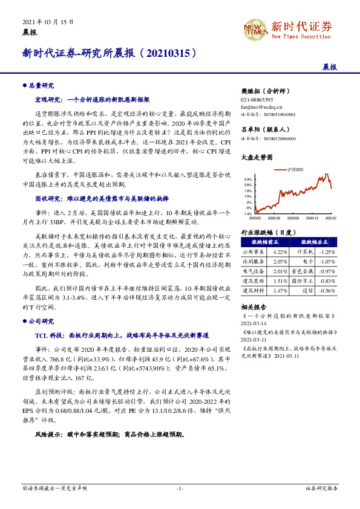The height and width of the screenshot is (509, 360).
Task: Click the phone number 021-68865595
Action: [x=257, y=99]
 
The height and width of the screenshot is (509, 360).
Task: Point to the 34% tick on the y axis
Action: [x=249, y=180]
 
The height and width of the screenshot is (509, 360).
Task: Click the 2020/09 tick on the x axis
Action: [x=293, y=218]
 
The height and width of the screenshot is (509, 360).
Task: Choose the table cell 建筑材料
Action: [x=254, y=291]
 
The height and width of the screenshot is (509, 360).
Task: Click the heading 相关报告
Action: [x=254, y=307]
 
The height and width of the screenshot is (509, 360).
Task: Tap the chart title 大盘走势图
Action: [x=257, y=157]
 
